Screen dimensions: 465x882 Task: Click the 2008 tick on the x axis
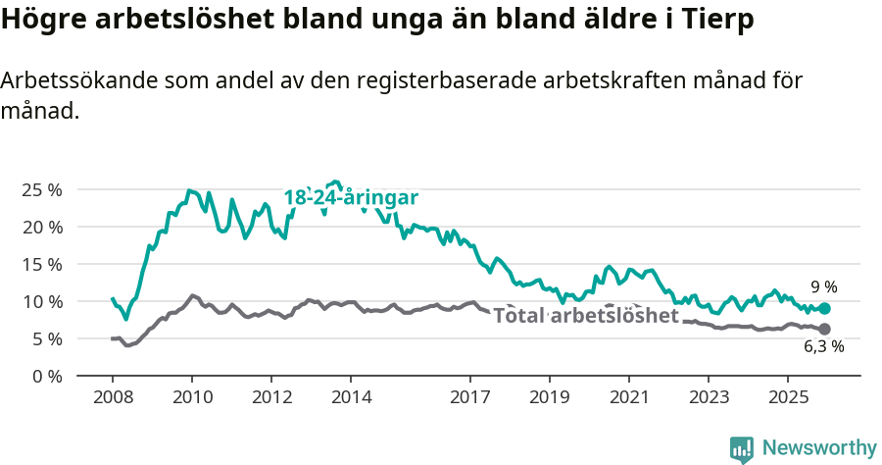click(113, 397)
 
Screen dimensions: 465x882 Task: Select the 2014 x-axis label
click(351, 397)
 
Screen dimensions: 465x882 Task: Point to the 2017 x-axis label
click(469, 397)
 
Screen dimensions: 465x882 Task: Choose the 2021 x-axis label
click(628, 397)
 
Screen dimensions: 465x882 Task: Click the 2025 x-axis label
click(787, 397)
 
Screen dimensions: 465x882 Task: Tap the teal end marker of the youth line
click(825, 308)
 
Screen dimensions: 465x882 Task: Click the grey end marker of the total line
click(825, 329)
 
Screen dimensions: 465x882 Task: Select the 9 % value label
click(823, 287)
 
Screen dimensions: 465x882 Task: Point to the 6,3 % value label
click(823, 346)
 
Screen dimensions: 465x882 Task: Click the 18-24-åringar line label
click(351, 198)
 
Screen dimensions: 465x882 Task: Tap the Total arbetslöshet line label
click(586, 316)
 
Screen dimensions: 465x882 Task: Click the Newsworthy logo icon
click(742, 449)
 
